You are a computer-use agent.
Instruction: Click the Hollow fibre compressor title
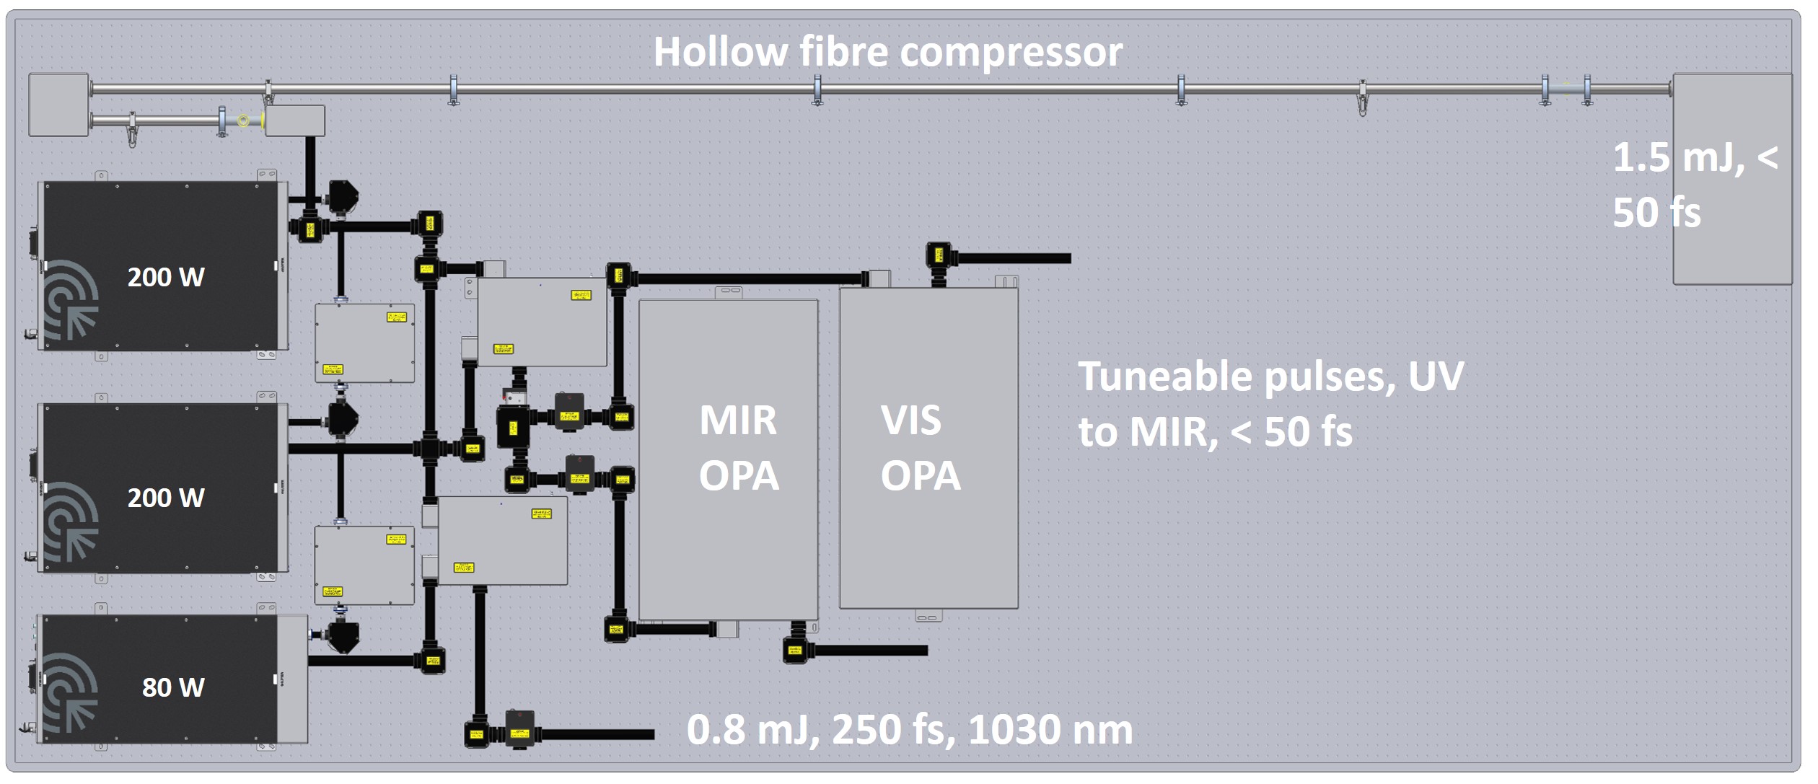[887, 52]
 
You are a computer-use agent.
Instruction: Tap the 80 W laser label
[173, 687]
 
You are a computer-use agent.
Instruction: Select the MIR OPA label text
[738, 448]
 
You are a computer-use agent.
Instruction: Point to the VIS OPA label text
[920, 448]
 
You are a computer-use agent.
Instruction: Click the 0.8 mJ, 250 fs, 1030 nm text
[909, 729]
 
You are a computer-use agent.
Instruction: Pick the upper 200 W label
[166, 277]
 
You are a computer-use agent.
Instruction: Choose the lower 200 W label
[166, 498]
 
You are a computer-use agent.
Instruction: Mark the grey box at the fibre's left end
[58, 105]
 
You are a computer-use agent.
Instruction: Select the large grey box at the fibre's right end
[1731, 179]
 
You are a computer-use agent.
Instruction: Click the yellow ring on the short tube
[244, 120]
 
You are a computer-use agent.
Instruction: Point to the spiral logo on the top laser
[71, 300]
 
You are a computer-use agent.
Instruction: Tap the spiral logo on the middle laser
[71, 521]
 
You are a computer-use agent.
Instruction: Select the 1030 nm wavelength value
[1050, 729]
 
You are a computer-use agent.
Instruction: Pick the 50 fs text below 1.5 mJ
[1656, 213]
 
